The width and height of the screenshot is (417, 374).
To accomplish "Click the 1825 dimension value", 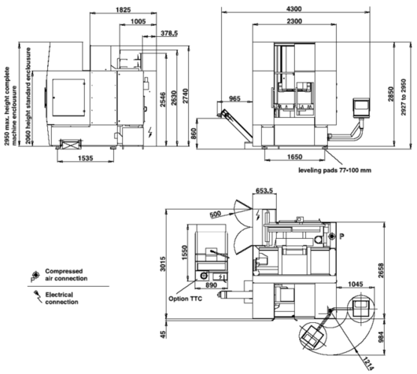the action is click(x=123, y=10).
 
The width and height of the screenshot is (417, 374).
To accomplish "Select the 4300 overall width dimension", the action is click(x=294, y=9).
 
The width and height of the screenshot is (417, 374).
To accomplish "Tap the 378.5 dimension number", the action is click(x=169, y=33).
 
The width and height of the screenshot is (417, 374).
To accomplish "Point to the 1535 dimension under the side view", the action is click(x=86, y=158).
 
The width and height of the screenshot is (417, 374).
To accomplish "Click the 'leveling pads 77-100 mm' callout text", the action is click(x=334, y=170).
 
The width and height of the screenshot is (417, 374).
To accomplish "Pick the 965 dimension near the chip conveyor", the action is click(x=234, y=98).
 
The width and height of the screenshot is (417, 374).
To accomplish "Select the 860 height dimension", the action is click(x=194, y=134).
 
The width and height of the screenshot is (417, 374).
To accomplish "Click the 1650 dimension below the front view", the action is click(x=295, y=156).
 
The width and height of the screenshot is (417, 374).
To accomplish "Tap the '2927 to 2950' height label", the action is click(x=404, y=97).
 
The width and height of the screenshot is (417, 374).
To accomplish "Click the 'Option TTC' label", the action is click(x=185, y=299).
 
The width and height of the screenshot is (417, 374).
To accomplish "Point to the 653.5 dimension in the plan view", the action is click(x=264, y=190).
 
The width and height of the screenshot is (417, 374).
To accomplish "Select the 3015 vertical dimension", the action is click(x=163, y=264).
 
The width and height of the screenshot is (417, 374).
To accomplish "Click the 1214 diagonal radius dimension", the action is click(x=368, y=363).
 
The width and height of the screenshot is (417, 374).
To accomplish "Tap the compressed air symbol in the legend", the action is click(x=35, y=274).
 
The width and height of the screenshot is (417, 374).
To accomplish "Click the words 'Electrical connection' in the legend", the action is click(x=61, y=299).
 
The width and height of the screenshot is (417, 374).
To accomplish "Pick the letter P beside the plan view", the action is click(x=341, y=236).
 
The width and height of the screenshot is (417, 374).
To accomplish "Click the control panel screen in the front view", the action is click(x=361, y=104).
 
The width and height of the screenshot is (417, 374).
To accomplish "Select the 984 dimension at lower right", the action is click(x=382, y=336).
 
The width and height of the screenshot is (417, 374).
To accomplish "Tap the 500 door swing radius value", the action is click(x=215, y=214).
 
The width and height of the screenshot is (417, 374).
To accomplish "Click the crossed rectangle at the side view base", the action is click(x=70, y=145).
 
